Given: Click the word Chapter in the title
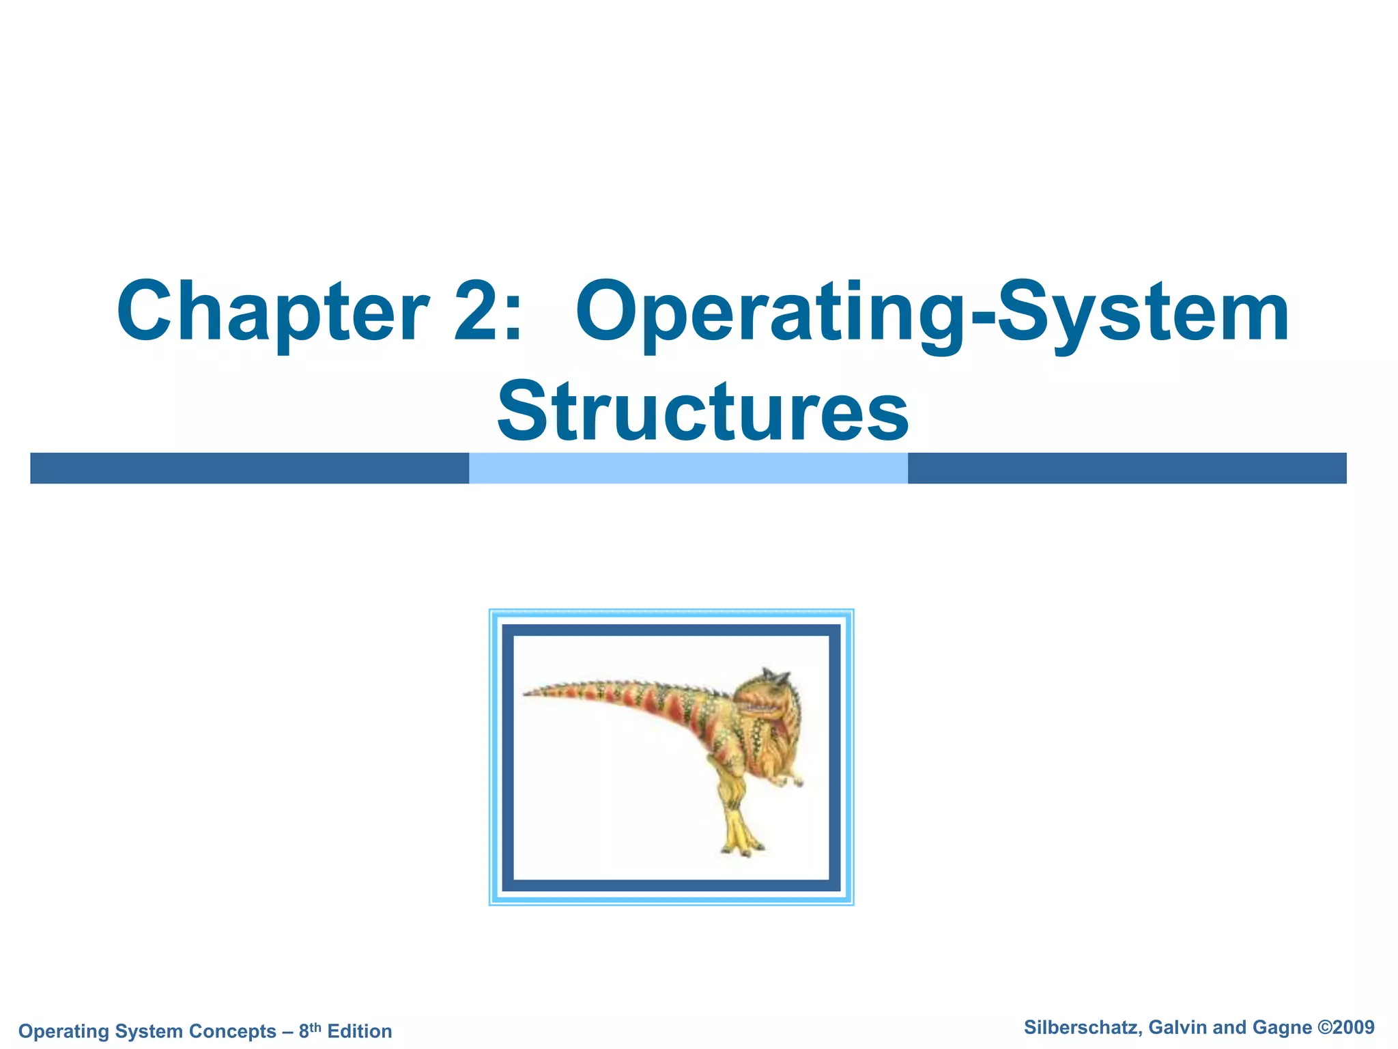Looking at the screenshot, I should pos(273,313).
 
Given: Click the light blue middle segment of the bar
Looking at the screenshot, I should pos(688,468).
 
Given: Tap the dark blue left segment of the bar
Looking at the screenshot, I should pos(249,468).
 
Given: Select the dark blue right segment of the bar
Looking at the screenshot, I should pos(1126,468).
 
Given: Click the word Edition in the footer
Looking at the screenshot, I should pos(360,1031).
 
